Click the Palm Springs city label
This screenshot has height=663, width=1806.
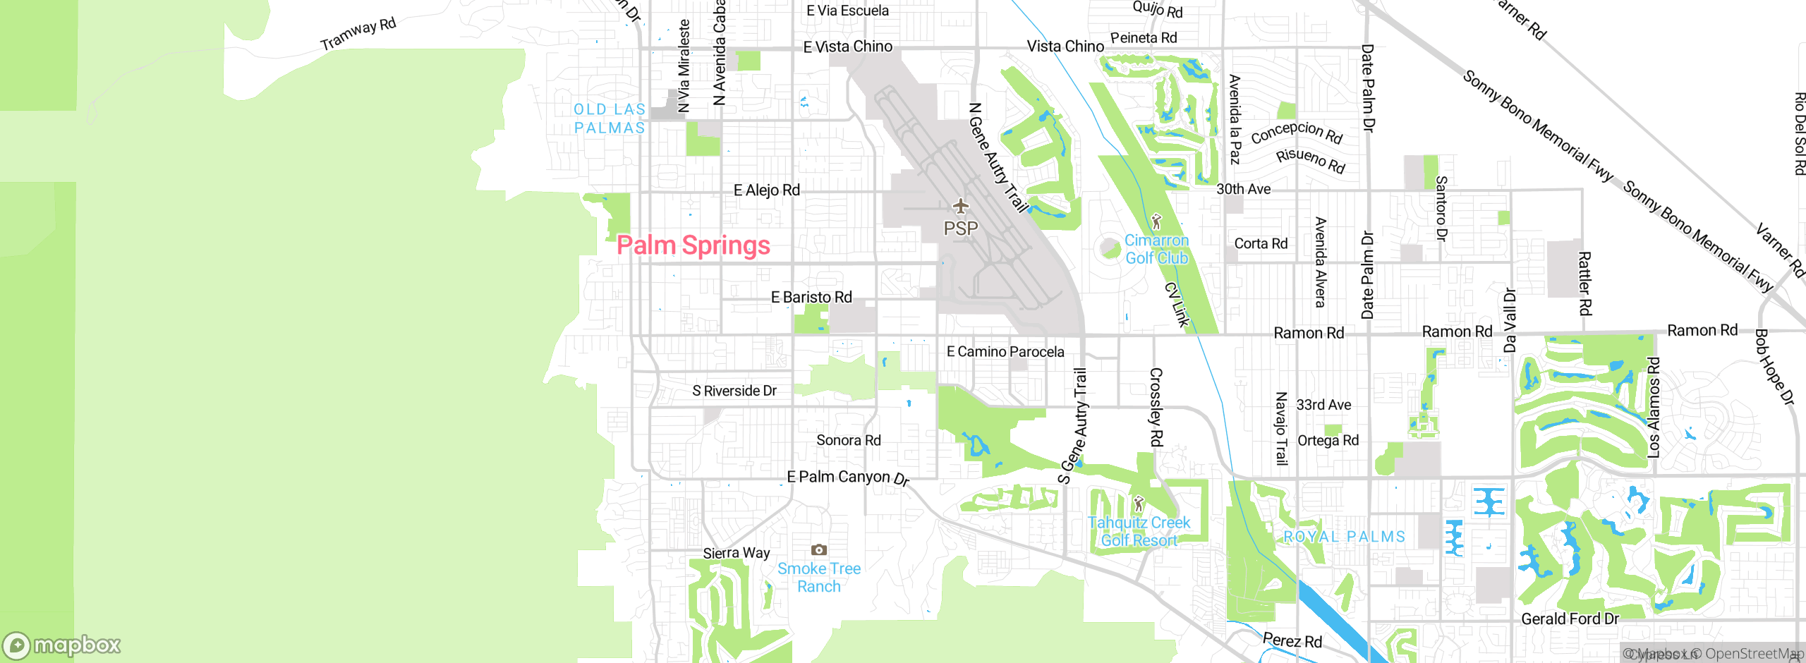click(693, 245)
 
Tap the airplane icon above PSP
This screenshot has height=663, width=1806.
click(960, 206)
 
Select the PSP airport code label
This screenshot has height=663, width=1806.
click(961, 229)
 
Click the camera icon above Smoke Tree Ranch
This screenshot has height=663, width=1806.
click(818, 549)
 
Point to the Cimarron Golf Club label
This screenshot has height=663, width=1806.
click(1156, 250)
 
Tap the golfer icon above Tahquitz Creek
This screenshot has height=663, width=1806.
click(1138, 504)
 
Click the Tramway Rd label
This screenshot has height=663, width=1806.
click(358, 34)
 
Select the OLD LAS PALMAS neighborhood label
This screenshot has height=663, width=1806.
click(610, 118)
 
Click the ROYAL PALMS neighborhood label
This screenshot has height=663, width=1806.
click(1344, 537)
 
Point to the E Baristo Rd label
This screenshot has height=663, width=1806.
click(811, 297)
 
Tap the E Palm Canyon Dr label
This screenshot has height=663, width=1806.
click(847, 478)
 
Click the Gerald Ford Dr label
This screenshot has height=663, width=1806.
click(1570, 619)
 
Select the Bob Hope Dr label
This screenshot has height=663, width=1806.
click(1774, 367)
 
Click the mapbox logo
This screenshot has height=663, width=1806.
click(62, 645)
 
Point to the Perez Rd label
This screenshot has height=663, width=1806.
click(1292, 640)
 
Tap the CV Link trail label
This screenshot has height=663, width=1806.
click(1177, 305)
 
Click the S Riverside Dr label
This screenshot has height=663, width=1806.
click(734, 391)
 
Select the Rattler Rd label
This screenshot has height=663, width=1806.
click(1584, 284)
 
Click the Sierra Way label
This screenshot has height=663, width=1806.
click(736, 553)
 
